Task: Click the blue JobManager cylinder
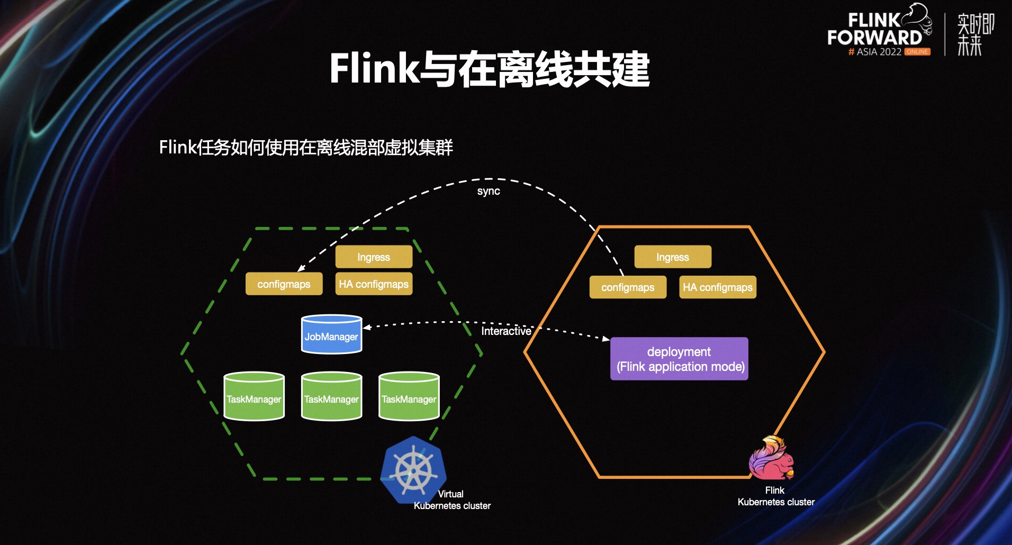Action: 331,334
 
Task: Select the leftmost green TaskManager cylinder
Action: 254,397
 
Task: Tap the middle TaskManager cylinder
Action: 331,397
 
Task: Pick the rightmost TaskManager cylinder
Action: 409,397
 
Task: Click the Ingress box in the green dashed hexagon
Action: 374,257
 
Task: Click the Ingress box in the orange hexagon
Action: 673,257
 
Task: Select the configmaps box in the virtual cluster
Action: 284,284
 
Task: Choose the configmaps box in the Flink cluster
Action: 628,287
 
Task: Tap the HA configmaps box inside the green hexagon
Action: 374,284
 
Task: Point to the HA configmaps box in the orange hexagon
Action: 718,287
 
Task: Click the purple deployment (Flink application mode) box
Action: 680,359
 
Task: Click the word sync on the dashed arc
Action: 489,191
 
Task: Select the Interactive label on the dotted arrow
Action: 506,331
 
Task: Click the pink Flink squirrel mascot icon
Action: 772,458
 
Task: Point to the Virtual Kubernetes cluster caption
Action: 452,500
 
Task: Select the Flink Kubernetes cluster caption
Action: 776,496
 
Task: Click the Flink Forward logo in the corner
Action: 879,31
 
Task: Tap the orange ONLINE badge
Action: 917,52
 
